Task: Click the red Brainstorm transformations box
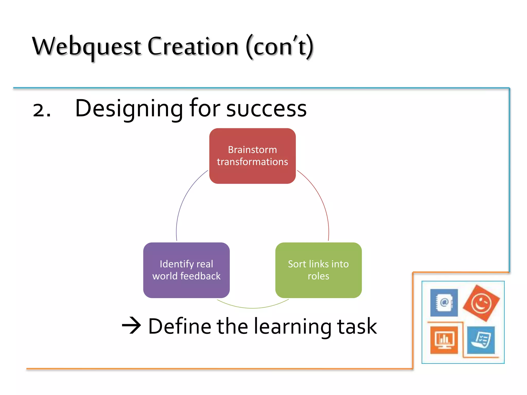[252, 156]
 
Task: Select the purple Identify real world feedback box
[186, 270]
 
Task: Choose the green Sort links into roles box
[318, 270]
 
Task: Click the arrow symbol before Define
[131, 326]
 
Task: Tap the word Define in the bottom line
[180, 326]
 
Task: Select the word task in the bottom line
[357, 326]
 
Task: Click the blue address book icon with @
[444, 303]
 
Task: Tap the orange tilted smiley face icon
[481, 303]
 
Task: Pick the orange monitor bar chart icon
[444, 340]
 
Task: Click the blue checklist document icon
[481, 340]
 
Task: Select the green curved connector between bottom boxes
[253, 308]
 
